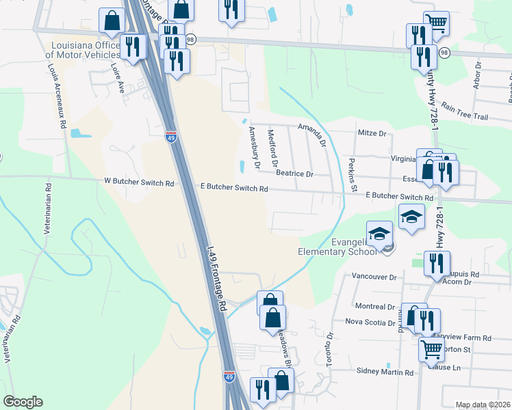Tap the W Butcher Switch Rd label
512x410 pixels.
tap(139, 183)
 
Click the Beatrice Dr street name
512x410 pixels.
tap(294, 174)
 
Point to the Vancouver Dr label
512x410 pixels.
tap(374, 277)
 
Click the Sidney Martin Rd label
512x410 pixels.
tap(385, 372)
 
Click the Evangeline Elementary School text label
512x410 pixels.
tap(337, 245)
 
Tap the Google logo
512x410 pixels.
tap(23, 402)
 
